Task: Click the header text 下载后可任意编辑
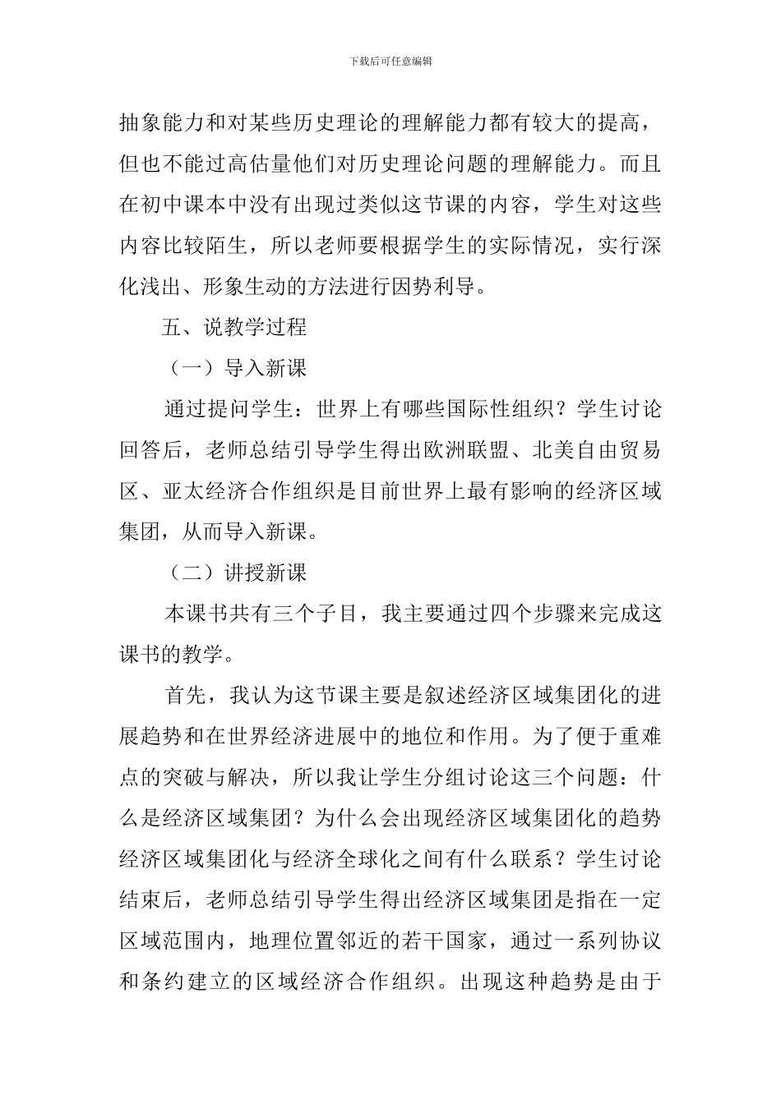coord(390,61)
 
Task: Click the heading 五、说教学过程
coord(235,327)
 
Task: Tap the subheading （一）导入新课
coord(235,368)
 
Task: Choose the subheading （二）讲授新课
coord(235,573)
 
